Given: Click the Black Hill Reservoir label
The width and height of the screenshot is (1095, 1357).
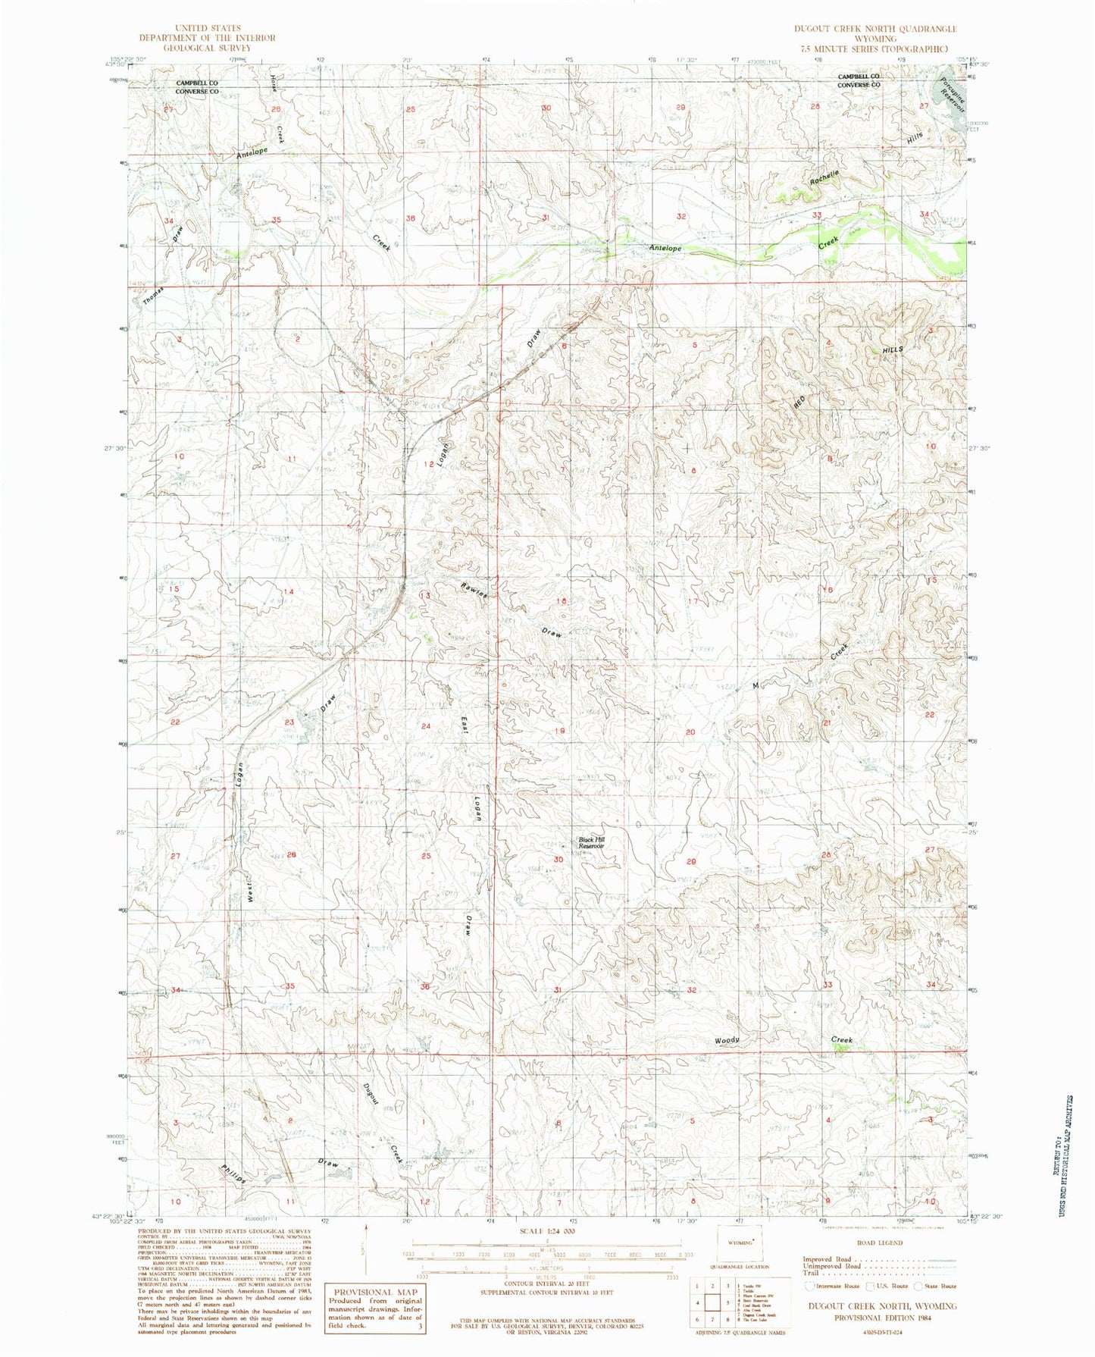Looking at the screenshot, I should (591, 842).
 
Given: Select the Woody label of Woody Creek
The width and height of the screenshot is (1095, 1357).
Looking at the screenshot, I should (727, 1041).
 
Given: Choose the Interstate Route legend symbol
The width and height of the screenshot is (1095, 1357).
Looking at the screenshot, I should (811, 1286).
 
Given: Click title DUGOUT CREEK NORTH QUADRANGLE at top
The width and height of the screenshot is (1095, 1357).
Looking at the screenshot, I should (875, 28).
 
